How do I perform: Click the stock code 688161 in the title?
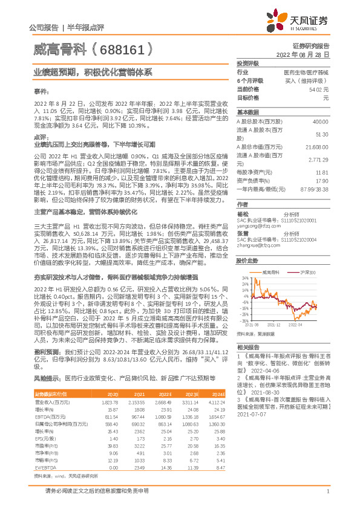[x=120, y=47]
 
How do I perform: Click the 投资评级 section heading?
[x=247, y=62]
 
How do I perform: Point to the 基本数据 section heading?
[x=247, y=112]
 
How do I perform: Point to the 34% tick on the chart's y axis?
[x=244, y=277]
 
